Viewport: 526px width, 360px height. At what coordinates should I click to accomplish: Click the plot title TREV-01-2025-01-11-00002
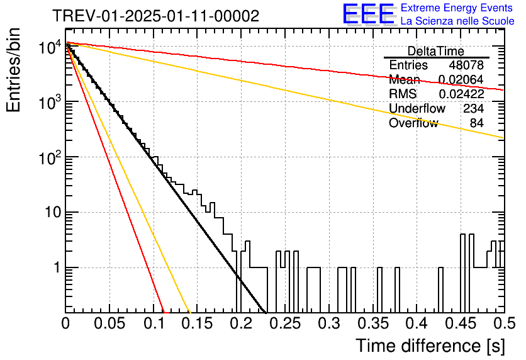[x=156, y=16]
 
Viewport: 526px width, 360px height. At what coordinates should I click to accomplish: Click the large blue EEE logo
[x=368, y=14]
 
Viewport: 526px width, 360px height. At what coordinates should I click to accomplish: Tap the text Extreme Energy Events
[x=457, y=8]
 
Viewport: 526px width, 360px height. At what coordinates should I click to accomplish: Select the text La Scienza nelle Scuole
[x=457, y=21]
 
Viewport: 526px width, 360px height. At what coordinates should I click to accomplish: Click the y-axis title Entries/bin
[x=13, y=70]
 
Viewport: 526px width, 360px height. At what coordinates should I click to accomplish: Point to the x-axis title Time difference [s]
[x=430, y=346]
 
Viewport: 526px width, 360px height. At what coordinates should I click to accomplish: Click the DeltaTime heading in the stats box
[x=436, y=51]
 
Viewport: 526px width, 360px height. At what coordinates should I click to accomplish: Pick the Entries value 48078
[x=466, y=65]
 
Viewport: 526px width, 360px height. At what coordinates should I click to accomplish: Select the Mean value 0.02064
[x=461, y=79]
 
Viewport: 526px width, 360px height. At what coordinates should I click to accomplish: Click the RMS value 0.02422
[x=461, y=94]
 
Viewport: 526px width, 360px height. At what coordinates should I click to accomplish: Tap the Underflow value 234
[x=473, y=108]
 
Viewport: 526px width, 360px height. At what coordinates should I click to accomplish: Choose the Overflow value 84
[x=477, y=123]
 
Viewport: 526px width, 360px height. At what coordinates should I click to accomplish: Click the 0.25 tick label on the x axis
[x=285, y=323]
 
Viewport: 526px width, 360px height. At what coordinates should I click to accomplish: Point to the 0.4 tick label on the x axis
[x=417, y=323]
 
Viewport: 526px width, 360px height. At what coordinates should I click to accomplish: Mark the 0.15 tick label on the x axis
[x=198, y=323]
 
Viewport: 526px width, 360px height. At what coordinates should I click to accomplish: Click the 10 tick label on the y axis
[x=53, y=212]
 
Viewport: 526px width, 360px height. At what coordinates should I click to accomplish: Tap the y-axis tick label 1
[x=57, y=267]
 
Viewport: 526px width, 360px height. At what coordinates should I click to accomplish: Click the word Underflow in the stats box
[x=417, y=108]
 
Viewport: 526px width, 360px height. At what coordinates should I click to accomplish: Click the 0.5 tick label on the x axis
[x=505, y=323]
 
